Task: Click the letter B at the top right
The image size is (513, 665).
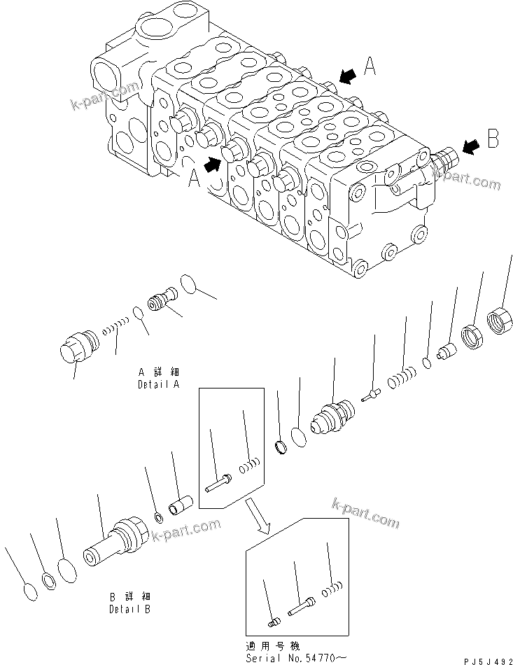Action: (493, 139)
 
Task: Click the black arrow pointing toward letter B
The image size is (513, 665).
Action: (471, 146)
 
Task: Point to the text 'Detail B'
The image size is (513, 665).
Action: (129, 608)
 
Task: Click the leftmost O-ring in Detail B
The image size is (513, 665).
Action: (29, 591)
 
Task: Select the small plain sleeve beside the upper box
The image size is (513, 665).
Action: (181, 504)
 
